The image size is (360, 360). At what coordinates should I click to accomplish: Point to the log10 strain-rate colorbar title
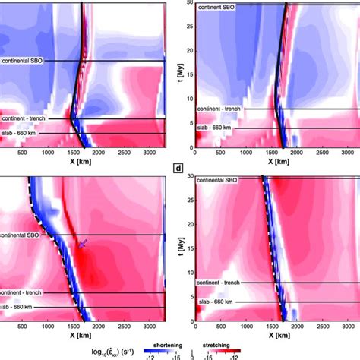click(x=55, y=350)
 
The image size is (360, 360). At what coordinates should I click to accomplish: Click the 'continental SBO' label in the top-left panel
click(x=25, y=59)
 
